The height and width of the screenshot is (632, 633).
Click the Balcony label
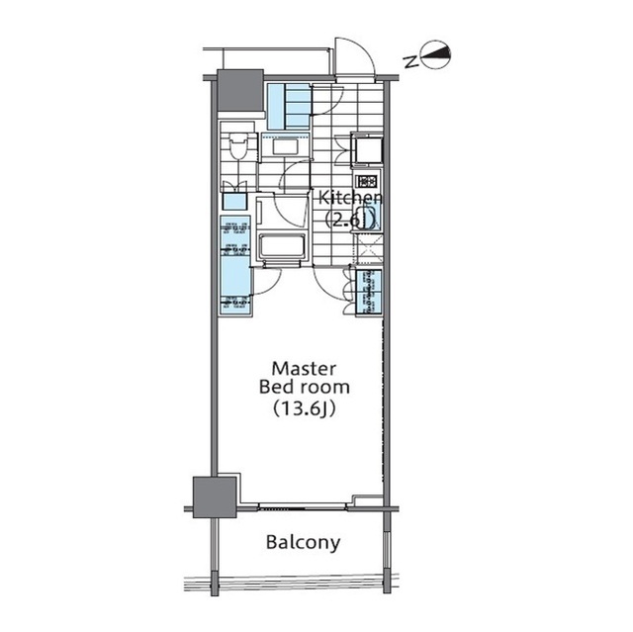click(x=303, y=542)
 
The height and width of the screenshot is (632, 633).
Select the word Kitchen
click(x=349, y=198)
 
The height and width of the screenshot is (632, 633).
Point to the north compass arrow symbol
click(x=436, y=58)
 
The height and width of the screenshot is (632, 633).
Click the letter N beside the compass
click(x=409, y=59)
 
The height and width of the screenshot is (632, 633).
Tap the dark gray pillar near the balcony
click(x=216, y=495)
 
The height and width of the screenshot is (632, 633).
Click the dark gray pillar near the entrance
click(x=241, y=92)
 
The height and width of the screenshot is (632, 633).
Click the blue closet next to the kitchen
click(x=367, y=290)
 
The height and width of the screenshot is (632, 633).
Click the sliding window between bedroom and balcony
click(x=302, y=507)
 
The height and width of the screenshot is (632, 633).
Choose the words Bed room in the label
click(x=303, y=386)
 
